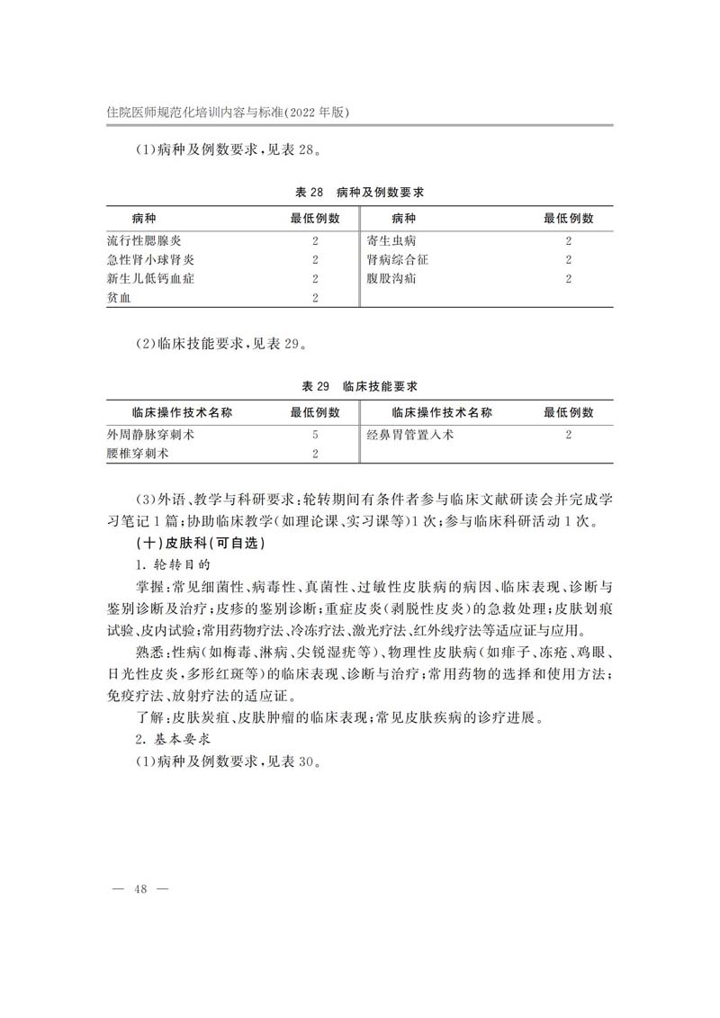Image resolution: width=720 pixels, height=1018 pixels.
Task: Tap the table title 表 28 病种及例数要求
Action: [x=360, y=193]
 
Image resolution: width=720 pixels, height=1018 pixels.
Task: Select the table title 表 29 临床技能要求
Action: [x=360, y=386]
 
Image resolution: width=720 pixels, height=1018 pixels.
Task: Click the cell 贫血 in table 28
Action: [x=119, y=298]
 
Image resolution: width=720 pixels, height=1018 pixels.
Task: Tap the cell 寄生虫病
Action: [x=391, y=241]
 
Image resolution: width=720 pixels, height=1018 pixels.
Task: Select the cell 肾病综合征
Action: [x=398, y=260]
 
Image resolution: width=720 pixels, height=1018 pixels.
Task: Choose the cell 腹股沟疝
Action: [x=391, y=279]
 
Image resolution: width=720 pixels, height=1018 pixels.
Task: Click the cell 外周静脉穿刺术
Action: [x=150, y=435]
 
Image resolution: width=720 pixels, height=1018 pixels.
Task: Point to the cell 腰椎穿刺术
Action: [x=138, y=454]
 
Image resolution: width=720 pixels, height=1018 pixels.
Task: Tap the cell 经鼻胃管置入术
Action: [x=410, y=435]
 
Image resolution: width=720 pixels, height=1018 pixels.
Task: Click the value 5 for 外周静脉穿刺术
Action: [x=315, y=435]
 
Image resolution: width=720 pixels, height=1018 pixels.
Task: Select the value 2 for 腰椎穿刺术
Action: [x=315, y=454]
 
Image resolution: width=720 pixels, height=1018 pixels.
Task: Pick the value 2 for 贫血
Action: [x=315, y=298]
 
